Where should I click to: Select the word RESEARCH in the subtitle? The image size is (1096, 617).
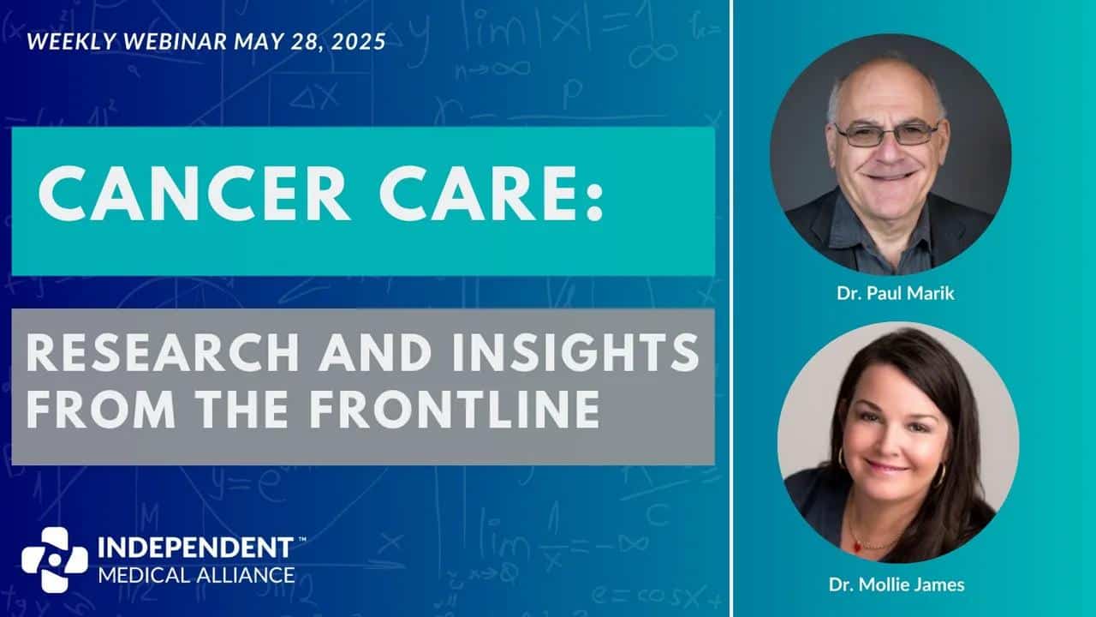tap(163, 352)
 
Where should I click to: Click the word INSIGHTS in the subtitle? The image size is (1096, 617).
tap(576, 352)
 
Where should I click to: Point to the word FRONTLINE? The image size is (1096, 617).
tap(454, 409)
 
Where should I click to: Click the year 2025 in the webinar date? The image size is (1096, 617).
tap(358, 42)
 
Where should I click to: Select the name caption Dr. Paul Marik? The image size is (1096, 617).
tap(896, 293)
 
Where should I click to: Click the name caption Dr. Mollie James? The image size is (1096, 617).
tap(896, 584)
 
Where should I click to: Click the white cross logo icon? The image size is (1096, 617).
tap(54, 560)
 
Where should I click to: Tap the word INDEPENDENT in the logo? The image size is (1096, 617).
tap(196, 548)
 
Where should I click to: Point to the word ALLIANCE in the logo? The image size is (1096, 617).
tap(246, 575)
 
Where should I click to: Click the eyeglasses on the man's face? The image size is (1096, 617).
tap(886, 135)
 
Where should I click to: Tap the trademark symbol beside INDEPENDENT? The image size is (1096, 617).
tap(302, 539)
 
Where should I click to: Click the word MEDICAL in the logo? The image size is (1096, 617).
tap(145, 575)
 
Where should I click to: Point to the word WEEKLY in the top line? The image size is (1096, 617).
tap(71, 42)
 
